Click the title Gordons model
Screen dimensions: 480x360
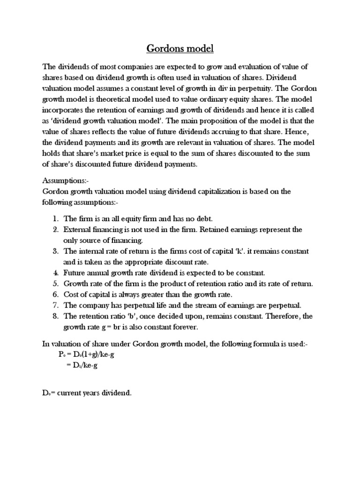pyautogui.click(x=180, y=48)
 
